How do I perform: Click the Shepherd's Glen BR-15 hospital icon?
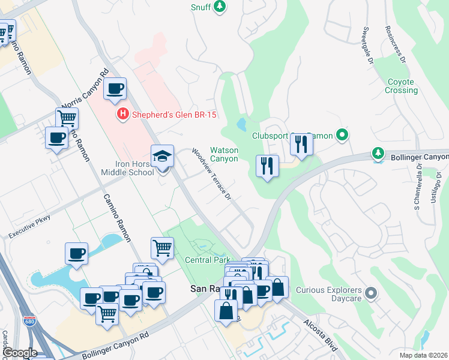point(122,113)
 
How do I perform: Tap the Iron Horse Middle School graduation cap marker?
point(162,157)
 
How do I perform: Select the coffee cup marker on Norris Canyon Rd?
point(115,89)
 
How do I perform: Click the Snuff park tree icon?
point(220,7)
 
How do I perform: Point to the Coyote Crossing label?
point(401,86)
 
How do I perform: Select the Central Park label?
point(208,260)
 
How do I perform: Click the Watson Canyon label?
point(224,154)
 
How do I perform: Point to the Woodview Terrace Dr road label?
point(212,173)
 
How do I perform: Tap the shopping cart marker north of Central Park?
point(162,247)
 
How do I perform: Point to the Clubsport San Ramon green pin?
point(342,135)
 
